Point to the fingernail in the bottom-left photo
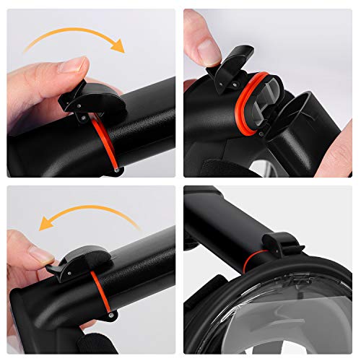(38, 255)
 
